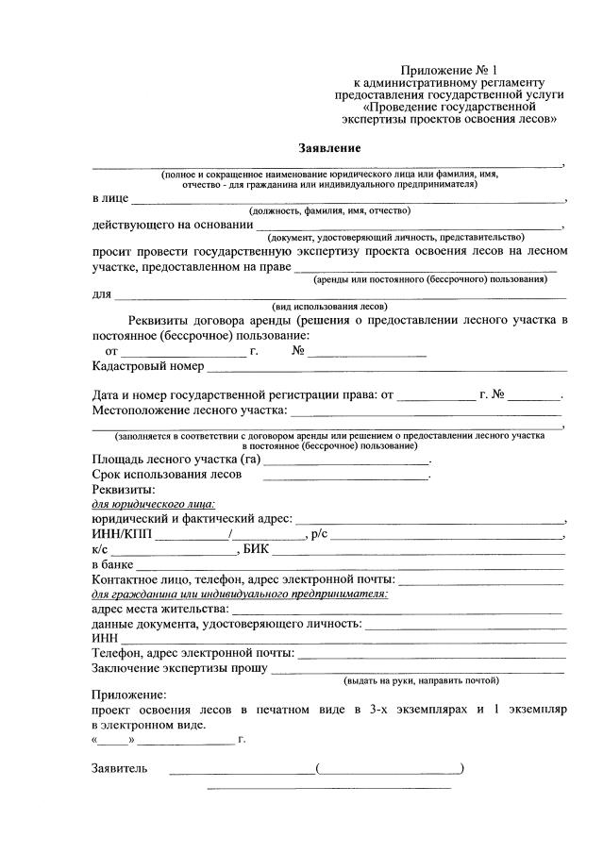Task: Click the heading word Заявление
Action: [329, 149]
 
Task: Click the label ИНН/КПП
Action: [123, 534]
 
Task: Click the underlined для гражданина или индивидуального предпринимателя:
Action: [240, 594]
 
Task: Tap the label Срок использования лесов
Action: [166, 475]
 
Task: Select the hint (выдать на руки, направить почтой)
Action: [421, 679]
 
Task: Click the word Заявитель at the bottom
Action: [119, 769]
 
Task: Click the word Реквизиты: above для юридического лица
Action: [124, 490]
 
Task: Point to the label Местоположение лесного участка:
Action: [189, 411]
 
